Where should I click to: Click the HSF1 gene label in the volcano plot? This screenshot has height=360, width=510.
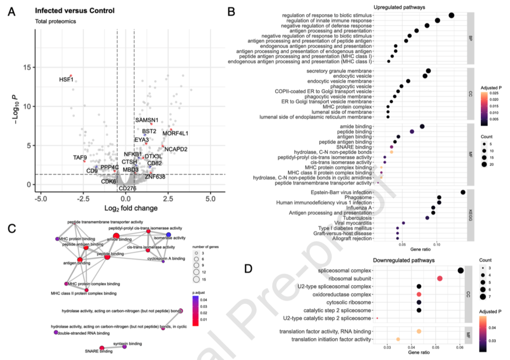[x=66, y=79]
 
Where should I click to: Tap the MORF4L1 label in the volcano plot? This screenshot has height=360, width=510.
[x=175, y=134]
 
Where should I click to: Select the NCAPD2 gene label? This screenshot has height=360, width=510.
[x=176, y=149]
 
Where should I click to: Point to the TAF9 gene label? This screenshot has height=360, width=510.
[x=80, y=157]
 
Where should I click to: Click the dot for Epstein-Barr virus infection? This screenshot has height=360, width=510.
[x=463, y=192]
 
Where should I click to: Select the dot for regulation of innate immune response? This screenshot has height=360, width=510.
[x=437, y=20]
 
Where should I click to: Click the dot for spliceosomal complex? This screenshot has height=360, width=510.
[x=460, y=271]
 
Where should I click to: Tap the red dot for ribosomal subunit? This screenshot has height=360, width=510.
[x=440, y=279]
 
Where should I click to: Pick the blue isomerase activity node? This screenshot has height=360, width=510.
[x=169, y=235]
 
